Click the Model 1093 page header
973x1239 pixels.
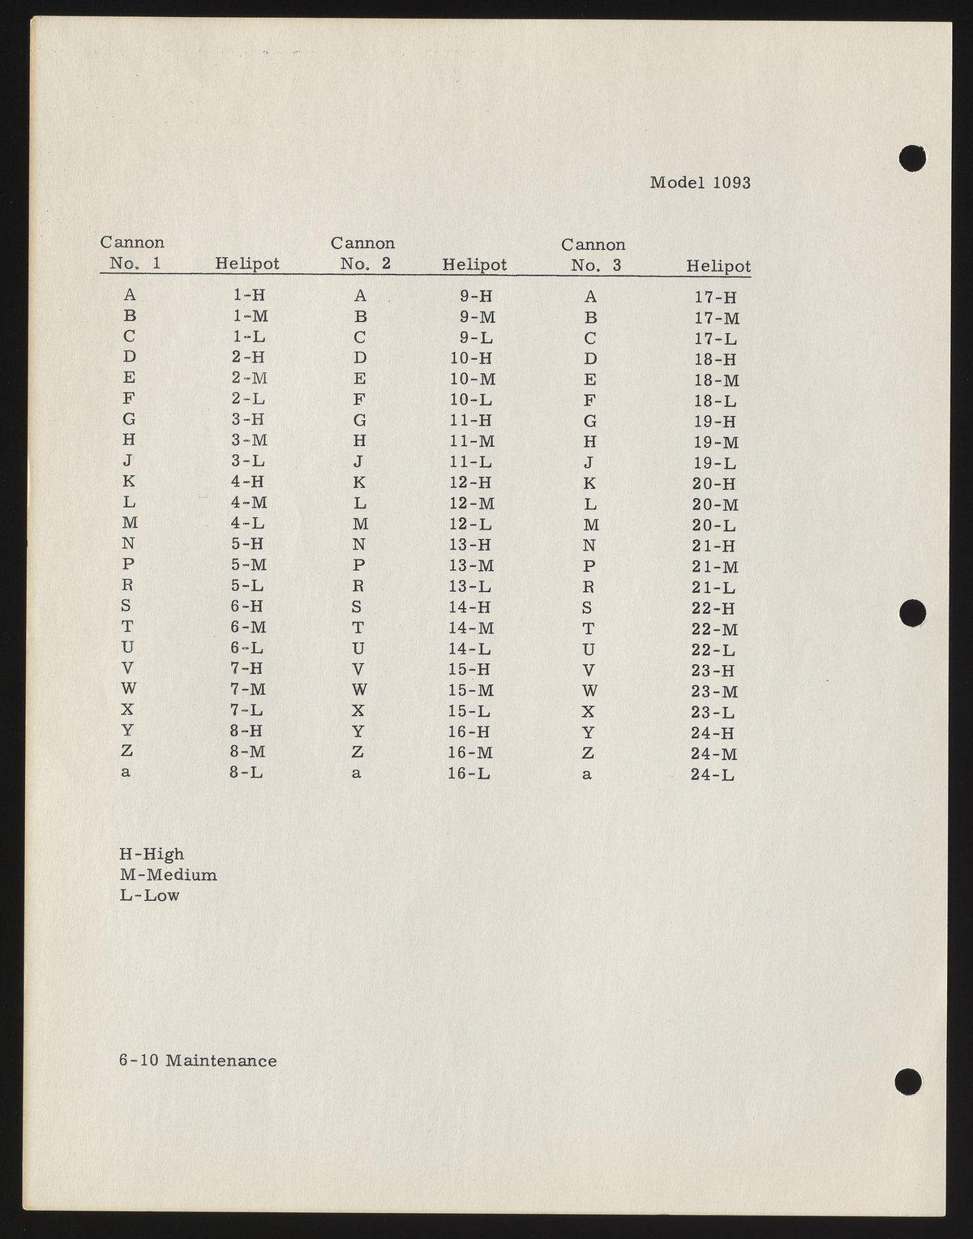700,182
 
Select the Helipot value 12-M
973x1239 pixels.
472,504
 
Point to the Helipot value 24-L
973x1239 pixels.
713,774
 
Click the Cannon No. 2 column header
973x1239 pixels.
362,253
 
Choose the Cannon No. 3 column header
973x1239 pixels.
594,255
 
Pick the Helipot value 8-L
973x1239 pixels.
246,772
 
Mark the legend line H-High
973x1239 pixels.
152,854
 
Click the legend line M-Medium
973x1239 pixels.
168,875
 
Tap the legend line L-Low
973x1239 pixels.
149,895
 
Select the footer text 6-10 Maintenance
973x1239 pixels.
198,1061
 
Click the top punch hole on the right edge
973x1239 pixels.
912,157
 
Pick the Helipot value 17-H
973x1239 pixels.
714,298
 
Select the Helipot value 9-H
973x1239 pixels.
476,296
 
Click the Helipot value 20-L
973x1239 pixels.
714,525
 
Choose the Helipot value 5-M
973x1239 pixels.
248,564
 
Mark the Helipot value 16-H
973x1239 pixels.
470,731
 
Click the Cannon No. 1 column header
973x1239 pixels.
132,252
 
